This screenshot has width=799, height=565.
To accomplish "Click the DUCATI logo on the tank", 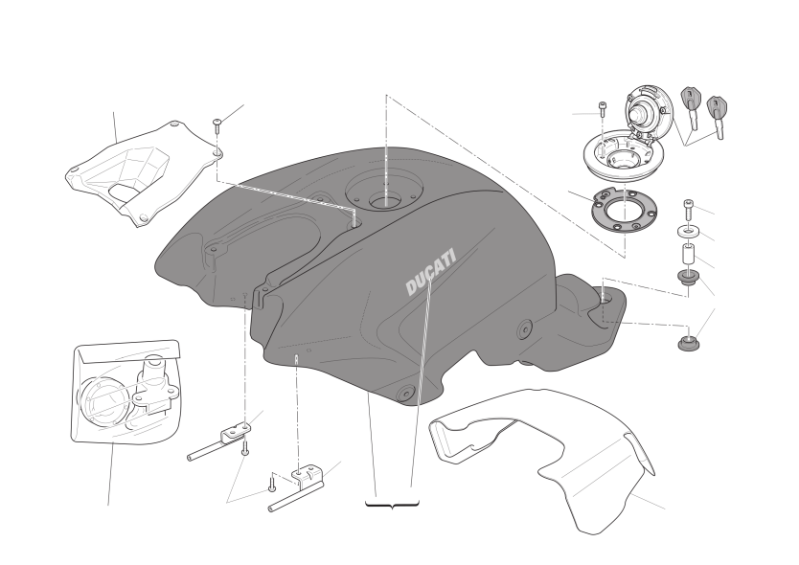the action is tap(430, 272).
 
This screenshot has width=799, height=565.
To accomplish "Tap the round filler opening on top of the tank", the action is tap(385, 202).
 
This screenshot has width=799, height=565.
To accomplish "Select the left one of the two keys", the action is tap(691, 106).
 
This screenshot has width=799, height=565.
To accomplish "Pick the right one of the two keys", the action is tap(717, 116).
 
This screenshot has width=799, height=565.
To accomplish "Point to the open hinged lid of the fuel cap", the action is tap(649, 112).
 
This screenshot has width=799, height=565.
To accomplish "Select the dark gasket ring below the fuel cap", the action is tap(624, 210).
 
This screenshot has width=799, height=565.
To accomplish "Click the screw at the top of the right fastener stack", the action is tap(689, 210).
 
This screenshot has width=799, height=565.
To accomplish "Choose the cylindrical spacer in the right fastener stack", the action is tap(689, 255).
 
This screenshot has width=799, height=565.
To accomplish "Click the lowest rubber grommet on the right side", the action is tap(689, 344).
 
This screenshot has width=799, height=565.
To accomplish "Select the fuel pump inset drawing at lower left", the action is tap(126, 392).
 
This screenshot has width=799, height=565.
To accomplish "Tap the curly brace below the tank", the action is tap(393, 505).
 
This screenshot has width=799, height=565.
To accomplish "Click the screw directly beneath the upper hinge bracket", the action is tap(245, 446).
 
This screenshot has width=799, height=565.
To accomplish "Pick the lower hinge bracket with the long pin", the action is tap(297, 488).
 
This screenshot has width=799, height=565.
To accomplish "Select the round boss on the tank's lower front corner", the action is tap(406, 394).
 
